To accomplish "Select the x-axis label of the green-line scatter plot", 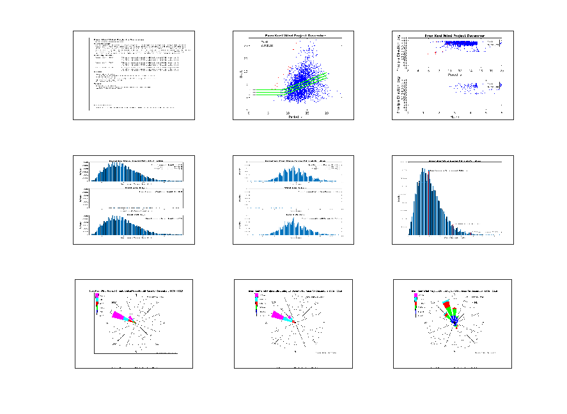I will [x=295, y=117].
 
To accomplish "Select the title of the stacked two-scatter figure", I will [x=454, y=36].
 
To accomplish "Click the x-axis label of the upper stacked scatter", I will [x=454, y=75].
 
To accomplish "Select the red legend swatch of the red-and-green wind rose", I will [x=416, y=309].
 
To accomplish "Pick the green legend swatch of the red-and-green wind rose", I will [x=416, y=312].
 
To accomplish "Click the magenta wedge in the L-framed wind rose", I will [x=119, y=315].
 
